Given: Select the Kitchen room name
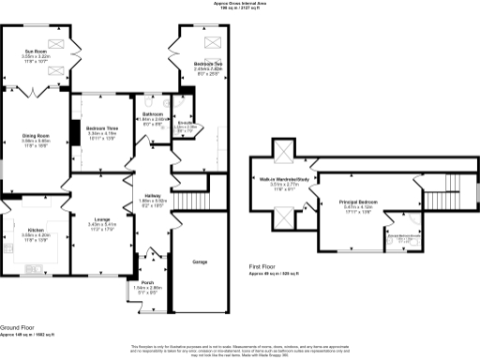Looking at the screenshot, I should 35,229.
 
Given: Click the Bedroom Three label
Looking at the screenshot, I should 100,127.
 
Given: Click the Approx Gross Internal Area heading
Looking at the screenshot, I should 240,4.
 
